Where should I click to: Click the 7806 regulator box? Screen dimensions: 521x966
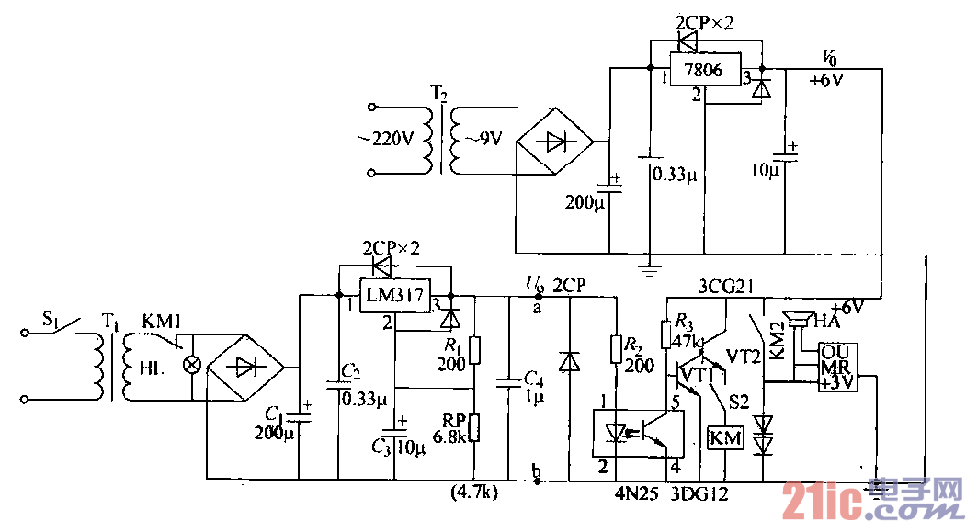[705, 70]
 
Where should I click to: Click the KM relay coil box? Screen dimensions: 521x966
[725, 438]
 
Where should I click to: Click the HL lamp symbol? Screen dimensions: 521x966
[192, 365]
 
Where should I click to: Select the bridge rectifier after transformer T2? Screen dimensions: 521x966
[555, 142]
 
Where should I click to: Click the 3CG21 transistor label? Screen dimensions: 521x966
[725, 286]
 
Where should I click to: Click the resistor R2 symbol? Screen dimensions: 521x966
[616, 349]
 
